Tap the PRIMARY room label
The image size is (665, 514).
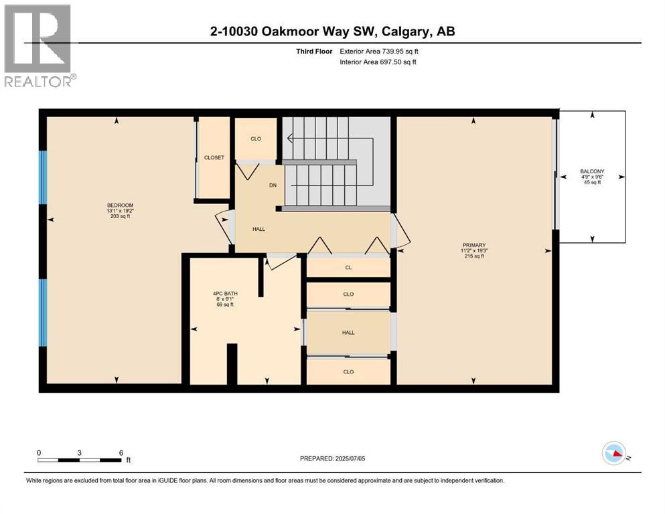[473, 245]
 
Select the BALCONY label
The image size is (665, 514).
[592, 171]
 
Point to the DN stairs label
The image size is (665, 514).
[273, 185]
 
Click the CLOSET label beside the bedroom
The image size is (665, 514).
[214, 157]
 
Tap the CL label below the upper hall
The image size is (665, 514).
[348, 267]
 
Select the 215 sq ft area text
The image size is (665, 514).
[473, 256]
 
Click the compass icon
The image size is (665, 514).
[614, 454]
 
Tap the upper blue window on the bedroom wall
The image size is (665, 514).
[44, 177]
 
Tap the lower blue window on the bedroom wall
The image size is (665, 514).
[44, 313]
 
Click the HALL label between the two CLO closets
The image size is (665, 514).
[348, 332]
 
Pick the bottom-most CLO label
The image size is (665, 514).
[348, 371]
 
